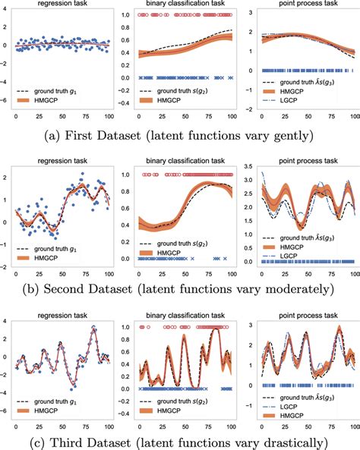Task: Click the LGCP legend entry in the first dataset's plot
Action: pos(298,108)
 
